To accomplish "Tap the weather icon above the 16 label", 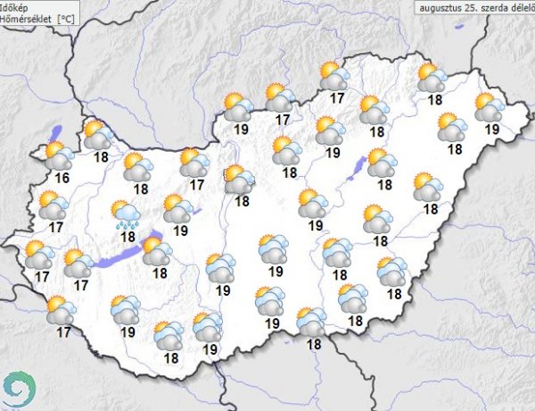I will [x=59, y=155].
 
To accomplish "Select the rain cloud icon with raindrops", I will [x=124, y=214].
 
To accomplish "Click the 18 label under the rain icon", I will [x=127, y=237].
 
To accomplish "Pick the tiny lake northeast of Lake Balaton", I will [x=197, y=212].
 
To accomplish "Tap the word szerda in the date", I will [x=495, y=6].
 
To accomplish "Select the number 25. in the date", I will [x=473, y=6].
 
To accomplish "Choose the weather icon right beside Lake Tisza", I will [x=381, y=162].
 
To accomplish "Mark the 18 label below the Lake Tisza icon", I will [x=384, y=185].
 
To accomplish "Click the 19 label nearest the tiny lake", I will [x=180, y=230].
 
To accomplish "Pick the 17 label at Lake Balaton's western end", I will [x=81, y=286].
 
